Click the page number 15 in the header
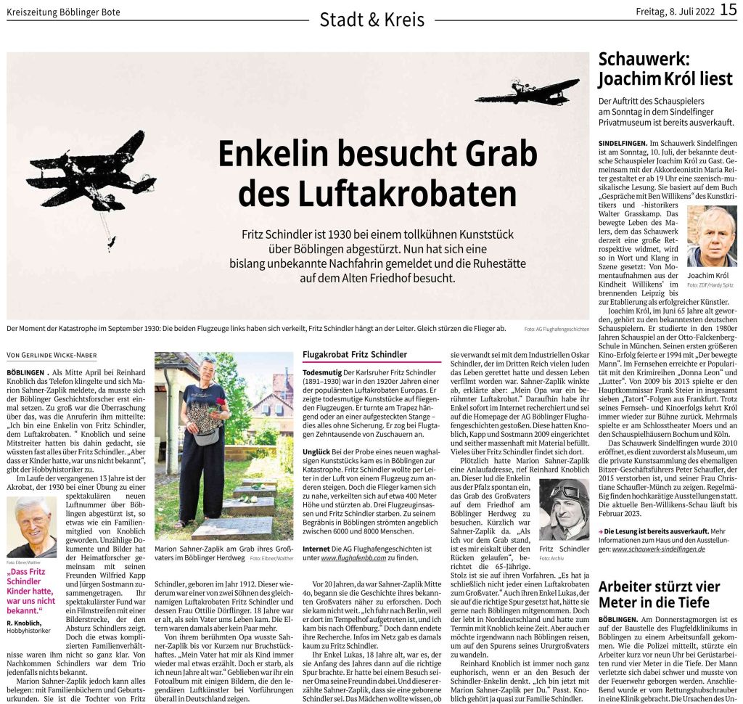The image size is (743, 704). [728, 12]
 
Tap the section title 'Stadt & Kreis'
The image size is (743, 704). [371, 20]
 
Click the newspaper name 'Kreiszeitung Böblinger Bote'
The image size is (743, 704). [64, 12]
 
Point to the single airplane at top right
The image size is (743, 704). [527, 91]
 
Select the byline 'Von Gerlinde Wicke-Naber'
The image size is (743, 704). [62, 355]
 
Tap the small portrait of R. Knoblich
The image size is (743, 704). [31, 526]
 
